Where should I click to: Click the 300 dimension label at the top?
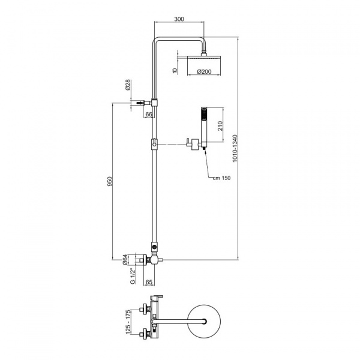point(179,19)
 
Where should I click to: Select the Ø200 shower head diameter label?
point(204,71)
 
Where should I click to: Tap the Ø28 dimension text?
point(128,85)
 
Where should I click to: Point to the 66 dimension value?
point(149,114)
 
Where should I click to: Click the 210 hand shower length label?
point(220,126)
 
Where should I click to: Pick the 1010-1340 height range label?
point(235,149)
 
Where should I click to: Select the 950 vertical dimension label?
point(110,181)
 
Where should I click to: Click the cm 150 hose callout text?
point(221,178)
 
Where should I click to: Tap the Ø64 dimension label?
point(125,260)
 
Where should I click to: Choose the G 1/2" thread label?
point(133,276)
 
